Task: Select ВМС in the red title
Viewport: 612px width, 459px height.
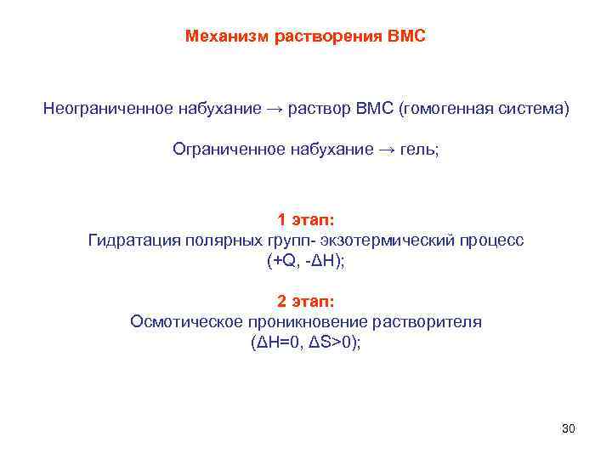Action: [x=405, y=37]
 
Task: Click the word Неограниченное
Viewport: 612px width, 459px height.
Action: [x=109, y=110]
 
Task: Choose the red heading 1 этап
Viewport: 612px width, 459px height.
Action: [x=306, y=220]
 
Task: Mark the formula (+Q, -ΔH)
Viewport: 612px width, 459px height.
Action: [x=306, y=261]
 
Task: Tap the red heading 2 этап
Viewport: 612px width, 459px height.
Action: [x=306, y=301]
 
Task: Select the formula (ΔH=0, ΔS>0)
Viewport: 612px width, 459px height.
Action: [x=306, y=343]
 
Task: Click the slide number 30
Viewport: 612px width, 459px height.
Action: [x=569, y=428]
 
